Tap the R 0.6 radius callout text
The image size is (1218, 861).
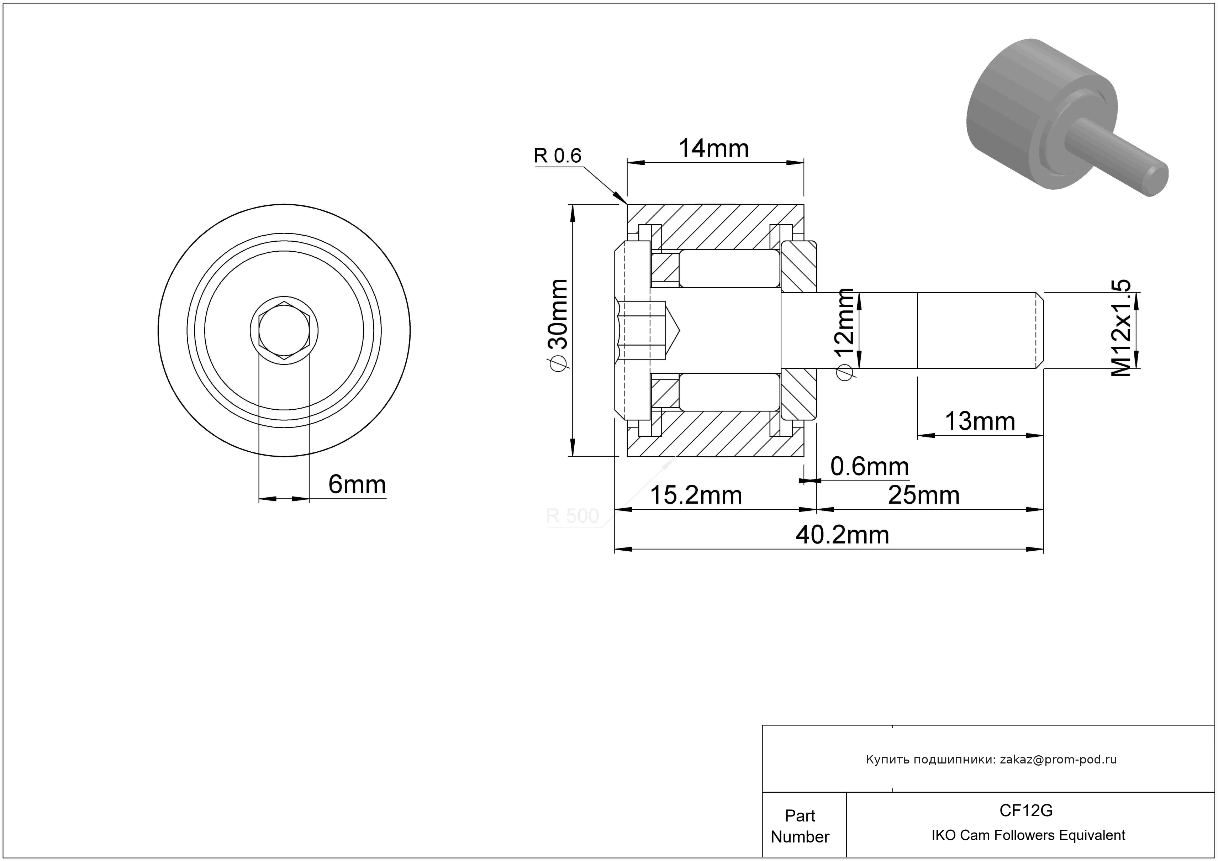[558, 156]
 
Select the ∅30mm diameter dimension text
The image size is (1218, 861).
[558, 325]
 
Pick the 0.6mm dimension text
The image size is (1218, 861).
[870, 467]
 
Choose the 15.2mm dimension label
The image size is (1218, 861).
[696, 495]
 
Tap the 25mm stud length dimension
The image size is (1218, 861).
[924, 495]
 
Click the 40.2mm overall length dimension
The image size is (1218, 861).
[842, 535]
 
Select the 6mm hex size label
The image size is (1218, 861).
[357, 484]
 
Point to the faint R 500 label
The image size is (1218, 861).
[573, 516]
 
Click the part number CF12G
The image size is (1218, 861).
[1026, 810]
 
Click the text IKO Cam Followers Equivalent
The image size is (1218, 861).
[1028, 835]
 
